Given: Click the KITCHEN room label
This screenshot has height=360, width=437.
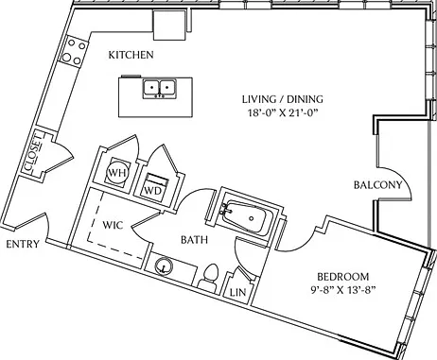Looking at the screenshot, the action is [131, 55].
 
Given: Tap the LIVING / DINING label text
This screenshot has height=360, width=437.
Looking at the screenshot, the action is [283, 99].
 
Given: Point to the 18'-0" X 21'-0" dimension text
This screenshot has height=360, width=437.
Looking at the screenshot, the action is [282, 112].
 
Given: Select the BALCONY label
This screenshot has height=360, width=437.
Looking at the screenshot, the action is [378, 185].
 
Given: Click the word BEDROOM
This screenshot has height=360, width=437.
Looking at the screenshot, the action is [343, 277].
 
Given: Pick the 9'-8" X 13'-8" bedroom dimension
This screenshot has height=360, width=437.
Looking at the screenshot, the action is [342, 290].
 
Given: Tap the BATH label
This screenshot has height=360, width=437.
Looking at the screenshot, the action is [194, 240].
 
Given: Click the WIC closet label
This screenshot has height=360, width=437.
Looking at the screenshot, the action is [113, 226].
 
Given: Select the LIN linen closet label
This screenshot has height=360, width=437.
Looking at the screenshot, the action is [237, 293].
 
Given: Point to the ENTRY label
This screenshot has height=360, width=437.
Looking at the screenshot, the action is [23, 244].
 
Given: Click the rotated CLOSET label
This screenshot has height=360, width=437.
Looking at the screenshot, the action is [33, 153].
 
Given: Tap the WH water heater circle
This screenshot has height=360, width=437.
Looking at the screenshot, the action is [117, 172].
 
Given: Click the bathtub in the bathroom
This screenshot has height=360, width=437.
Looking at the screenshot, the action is [246, 217].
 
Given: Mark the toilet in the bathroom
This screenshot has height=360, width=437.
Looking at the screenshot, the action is [210, 277].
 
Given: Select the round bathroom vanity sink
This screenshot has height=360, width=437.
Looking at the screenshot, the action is [164, 266].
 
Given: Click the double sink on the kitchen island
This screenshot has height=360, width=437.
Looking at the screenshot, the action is [160, 89].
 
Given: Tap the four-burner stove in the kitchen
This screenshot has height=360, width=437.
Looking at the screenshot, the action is [74, 51].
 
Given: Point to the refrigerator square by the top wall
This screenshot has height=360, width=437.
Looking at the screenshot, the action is [169, 25].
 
